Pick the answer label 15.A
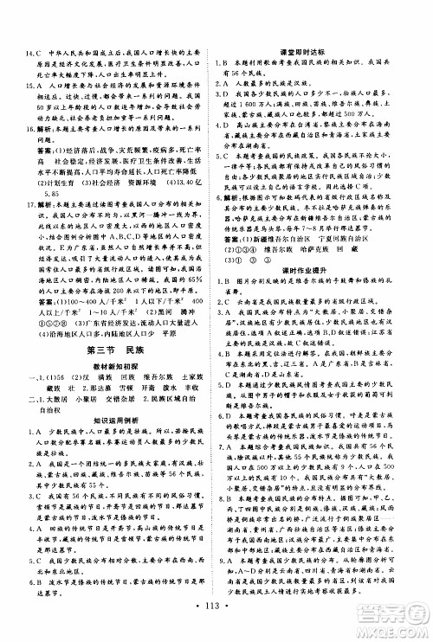tap(32, 87)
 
